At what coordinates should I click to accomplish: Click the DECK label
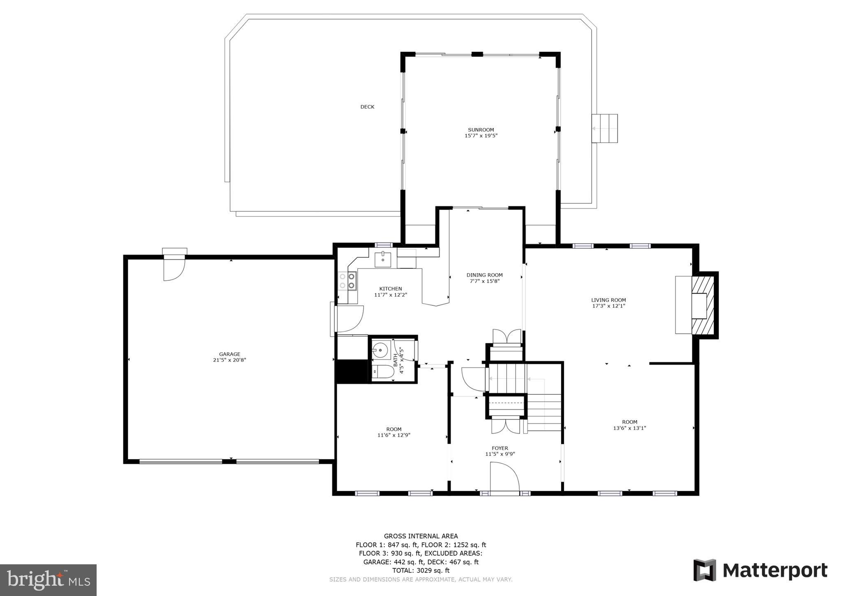367,107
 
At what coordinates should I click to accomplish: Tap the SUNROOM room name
481,130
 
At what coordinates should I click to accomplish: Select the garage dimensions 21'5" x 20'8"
229,360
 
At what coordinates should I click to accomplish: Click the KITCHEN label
390,289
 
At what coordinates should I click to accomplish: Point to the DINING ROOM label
484,275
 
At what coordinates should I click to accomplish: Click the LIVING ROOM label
608,300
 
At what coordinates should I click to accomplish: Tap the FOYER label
500,448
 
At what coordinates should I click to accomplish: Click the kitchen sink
382,259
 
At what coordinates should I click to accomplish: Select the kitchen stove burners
347,281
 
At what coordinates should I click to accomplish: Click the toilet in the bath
383,372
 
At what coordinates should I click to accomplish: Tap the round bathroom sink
380,351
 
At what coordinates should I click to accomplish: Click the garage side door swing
174,269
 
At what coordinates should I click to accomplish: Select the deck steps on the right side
604,128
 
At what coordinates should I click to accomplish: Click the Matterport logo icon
705,570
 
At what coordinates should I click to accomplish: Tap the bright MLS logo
48,580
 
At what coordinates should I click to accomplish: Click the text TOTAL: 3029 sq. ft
421,570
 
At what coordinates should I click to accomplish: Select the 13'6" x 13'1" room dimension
629,428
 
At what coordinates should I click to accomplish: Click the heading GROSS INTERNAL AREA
421,536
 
